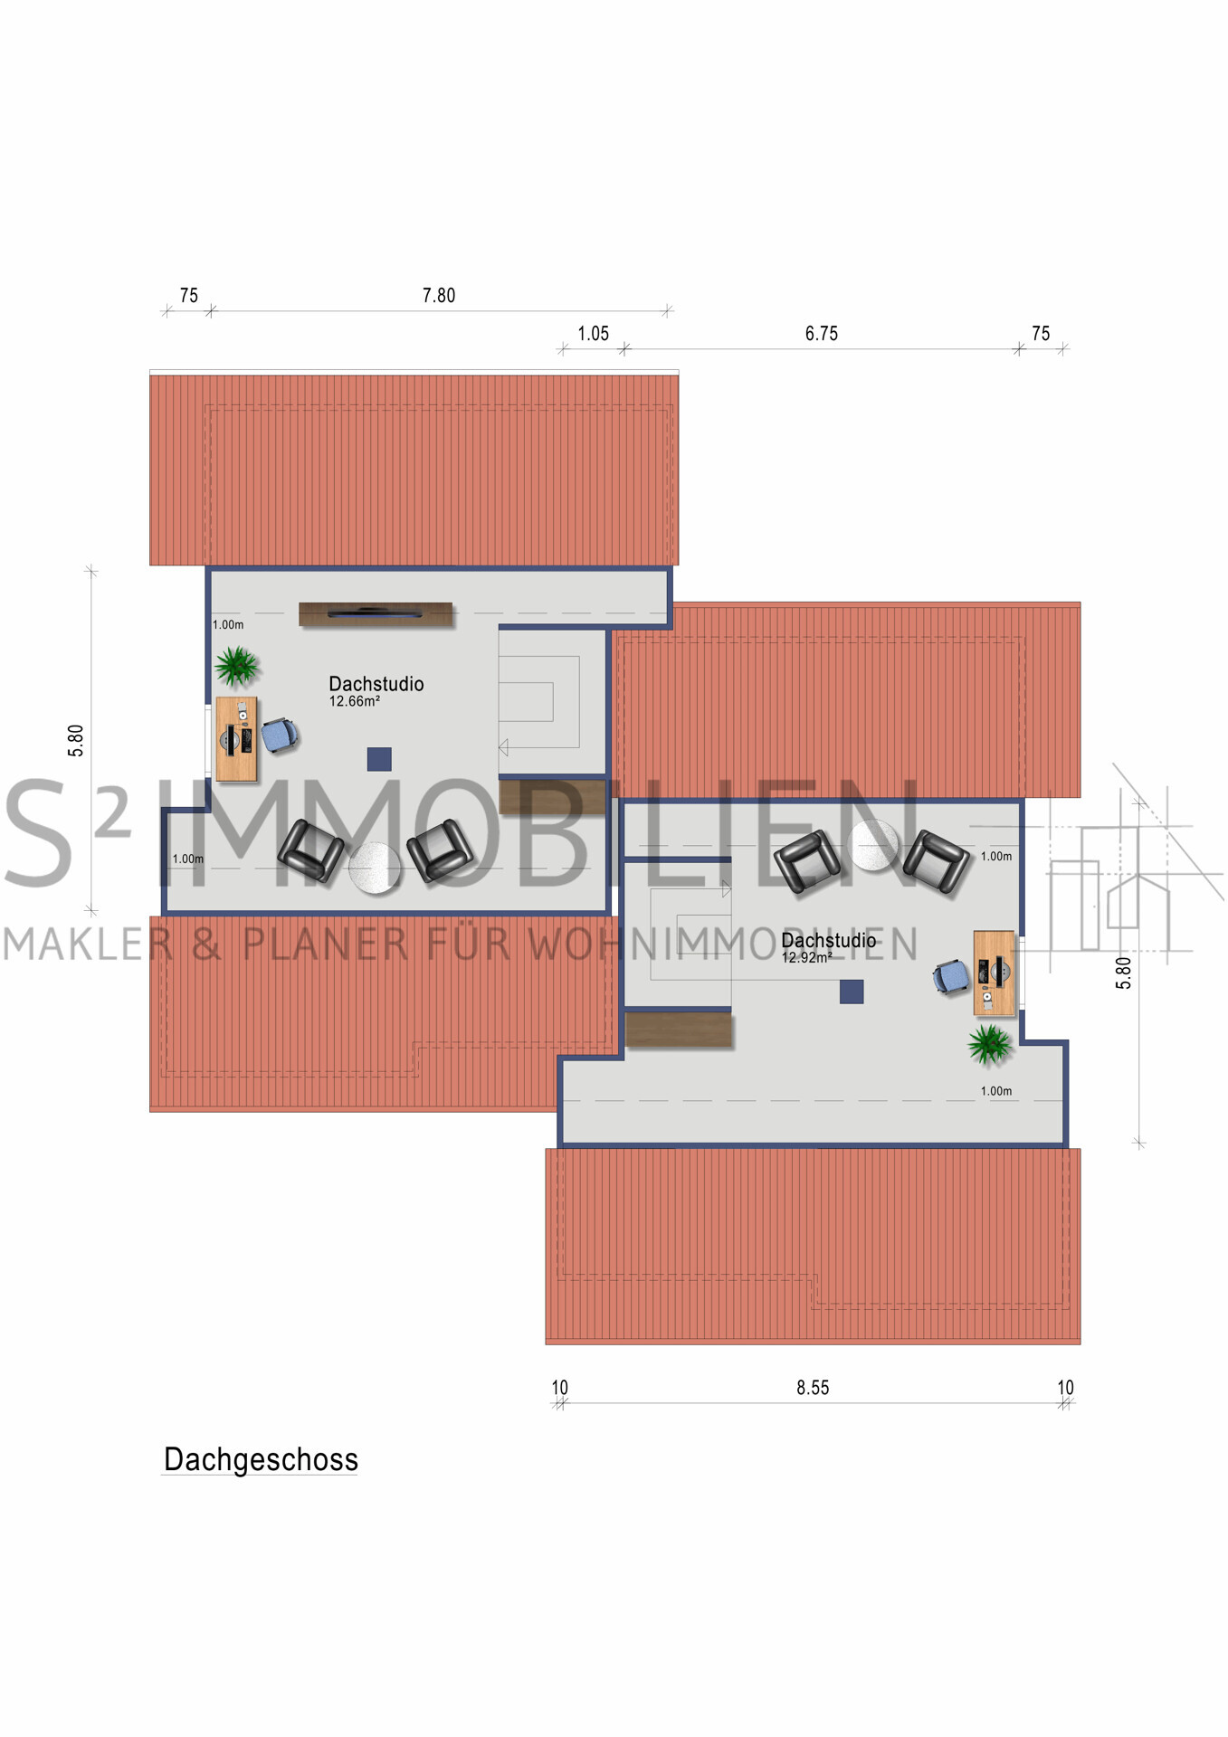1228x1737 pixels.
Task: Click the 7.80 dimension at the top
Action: [439, 296]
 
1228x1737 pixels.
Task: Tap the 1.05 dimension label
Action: [594, 334]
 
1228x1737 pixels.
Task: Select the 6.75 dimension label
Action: [822, 334]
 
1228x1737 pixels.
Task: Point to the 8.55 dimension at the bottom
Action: [813, 1388]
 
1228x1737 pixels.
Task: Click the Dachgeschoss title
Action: [261, 1459]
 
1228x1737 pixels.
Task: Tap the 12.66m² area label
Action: [355, 701]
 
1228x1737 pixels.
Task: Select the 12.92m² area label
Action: [807, 957]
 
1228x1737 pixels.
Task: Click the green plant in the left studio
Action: [237, 666]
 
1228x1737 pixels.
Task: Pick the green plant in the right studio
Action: [990, 1045]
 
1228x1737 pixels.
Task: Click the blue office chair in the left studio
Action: [280, 735]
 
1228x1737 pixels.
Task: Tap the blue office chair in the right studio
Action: [951, 977]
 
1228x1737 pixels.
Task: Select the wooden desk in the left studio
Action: [236, 739]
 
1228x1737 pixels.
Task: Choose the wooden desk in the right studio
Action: [994, 973]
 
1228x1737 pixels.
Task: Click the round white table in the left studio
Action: [375, 868]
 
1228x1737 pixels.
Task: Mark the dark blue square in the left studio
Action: [379, 759]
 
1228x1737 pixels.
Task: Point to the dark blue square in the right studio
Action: [852, 992]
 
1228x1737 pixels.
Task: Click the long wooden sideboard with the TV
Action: [376, 614]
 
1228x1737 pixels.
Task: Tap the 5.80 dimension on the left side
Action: [76, 740]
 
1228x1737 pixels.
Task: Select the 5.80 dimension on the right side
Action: [1123, 973]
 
